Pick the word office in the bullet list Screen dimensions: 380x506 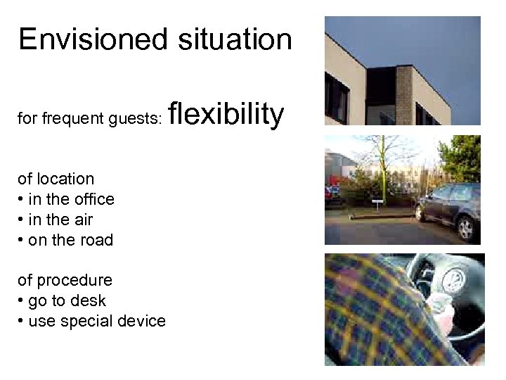click(93, 199)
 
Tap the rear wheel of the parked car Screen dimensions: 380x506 click(465, 227)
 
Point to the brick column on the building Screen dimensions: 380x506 click(404, 95)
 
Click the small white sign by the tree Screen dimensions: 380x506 click(378, 202)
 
